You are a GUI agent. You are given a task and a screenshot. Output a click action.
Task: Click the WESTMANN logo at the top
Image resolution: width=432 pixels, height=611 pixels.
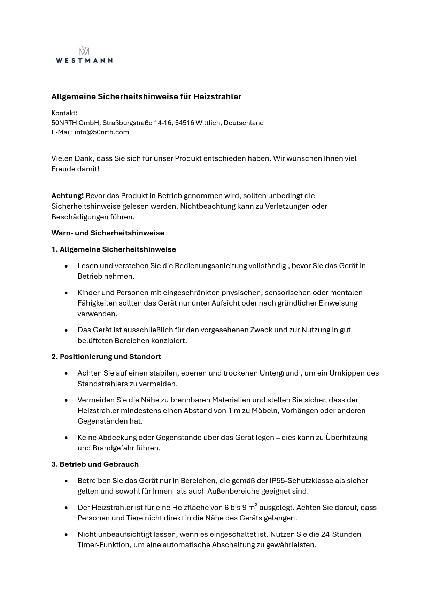tap(84, 56)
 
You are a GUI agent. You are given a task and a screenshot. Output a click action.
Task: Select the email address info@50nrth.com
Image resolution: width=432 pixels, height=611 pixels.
tap(102, 132)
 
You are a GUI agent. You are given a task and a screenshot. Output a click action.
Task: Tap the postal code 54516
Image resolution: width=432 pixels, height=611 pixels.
tap(184, 123)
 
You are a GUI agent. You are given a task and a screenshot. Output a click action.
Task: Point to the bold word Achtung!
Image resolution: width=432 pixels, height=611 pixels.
tap(68, 196)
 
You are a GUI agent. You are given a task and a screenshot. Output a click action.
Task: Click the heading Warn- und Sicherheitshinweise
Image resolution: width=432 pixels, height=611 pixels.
tap(108, 233)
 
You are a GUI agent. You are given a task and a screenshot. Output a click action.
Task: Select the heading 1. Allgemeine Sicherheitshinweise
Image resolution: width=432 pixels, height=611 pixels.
tap(114, 249)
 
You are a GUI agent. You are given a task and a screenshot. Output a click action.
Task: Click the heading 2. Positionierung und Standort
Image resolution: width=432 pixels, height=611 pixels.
tap(106, 357)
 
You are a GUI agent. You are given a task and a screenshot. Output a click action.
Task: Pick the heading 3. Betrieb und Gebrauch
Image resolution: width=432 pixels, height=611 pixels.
tap(95, 464)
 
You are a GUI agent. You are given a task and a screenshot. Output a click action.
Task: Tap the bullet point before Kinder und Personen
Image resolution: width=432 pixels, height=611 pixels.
tap(66, 293)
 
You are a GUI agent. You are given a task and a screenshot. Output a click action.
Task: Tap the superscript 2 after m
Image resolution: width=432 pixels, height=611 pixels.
tap(256, 505)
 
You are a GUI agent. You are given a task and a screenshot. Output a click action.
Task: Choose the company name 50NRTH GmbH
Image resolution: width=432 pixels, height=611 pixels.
tap(76, 123)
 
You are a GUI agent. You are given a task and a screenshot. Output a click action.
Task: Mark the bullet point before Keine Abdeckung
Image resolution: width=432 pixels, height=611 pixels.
tap(66, 438)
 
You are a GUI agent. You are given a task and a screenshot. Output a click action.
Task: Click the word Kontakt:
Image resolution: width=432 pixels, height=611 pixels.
tap(64, 113)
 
